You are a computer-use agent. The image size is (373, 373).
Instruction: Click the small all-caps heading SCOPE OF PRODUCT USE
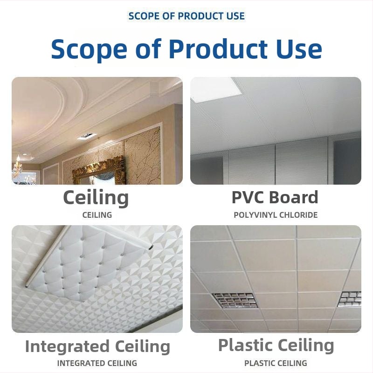point(186,16)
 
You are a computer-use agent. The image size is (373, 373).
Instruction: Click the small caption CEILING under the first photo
point(97,215)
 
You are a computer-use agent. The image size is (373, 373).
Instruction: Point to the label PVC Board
point(275,197)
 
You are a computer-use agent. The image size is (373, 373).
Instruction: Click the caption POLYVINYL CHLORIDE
point(276,215)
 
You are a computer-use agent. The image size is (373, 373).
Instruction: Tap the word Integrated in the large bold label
point(67,347)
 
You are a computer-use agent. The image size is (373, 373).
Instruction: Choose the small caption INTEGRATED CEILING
point(97,363)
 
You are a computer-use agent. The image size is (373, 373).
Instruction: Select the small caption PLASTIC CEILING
point(276,363)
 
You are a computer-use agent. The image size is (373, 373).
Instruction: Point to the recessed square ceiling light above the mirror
point(87,136)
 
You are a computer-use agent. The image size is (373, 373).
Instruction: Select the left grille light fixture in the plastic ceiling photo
point(235,300)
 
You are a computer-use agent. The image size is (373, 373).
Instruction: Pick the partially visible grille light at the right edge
point(350,299)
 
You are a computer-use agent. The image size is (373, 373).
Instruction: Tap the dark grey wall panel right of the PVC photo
point(347,162)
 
